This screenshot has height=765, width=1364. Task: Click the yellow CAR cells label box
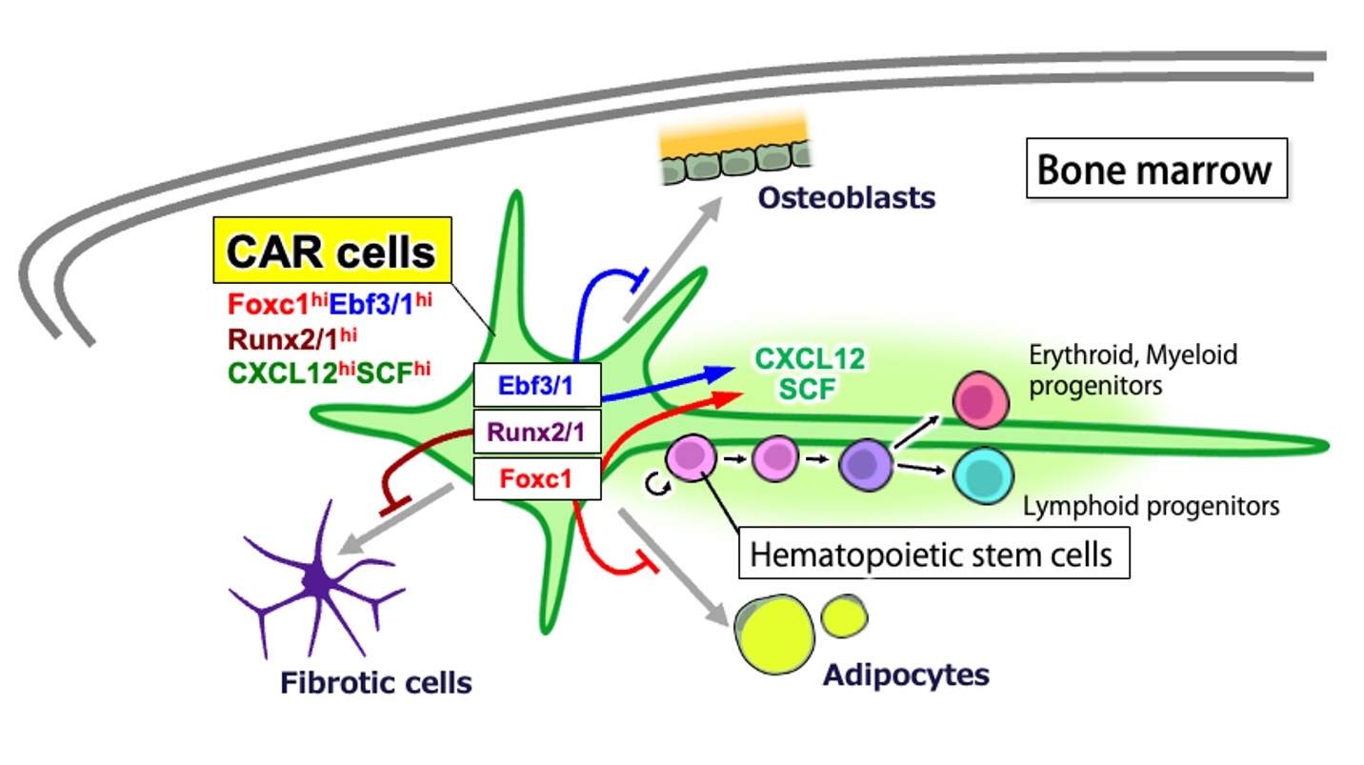click(x=330, y=252)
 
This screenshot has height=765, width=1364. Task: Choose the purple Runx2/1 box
click(x=537, y=432)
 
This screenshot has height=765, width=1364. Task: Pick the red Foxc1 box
click(x=537, y=478)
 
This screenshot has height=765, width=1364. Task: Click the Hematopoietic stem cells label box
click(x=933, y=554)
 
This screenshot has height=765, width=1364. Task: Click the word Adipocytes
click(x=905, y=674)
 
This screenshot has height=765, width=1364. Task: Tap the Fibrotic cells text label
click(x=376, y=682)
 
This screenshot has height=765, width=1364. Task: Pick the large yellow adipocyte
click(x=775, y=636)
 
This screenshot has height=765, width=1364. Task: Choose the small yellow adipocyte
click(x=844, y=615)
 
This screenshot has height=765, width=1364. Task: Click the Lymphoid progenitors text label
click(x=1150, y=505)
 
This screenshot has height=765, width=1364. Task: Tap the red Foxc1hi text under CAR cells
click(x=261, y=306)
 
